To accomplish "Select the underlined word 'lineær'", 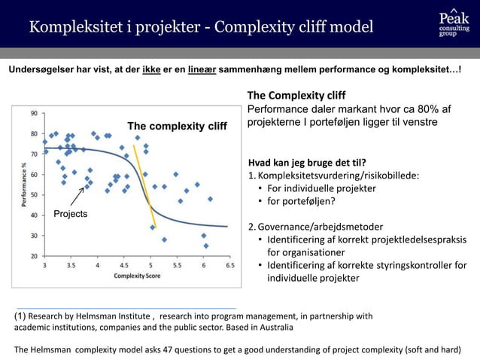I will [202, 70].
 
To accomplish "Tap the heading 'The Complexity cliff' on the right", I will [296, 96].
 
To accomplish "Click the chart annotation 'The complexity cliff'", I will [176, 127].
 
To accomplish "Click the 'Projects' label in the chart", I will [70, 214].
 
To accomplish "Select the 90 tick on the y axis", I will [35, 114].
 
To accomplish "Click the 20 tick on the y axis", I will [35, 256].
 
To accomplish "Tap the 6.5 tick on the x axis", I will [229, 266].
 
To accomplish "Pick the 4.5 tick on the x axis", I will [123, 266].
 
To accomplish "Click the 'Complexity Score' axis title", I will [136, 276].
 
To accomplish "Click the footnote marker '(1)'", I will [22, 316].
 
